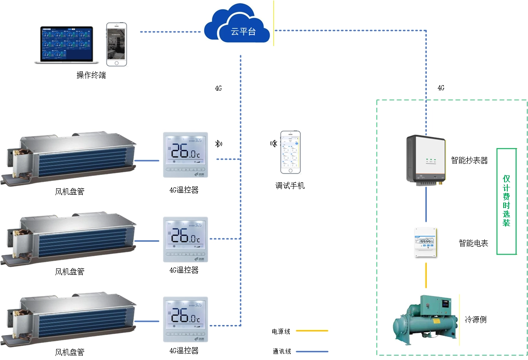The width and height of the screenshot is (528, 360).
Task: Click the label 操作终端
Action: tap(91, 75)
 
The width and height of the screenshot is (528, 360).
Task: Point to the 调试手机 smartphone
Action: tap(290, 152)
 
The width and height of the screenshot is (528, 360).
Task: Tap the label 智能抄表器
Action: tap(469, 161)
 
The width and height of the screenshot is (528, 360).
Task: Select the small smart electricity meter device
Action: tap(425, 242)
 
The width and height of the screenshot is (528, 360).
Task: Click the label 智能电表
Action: tap(473, 243)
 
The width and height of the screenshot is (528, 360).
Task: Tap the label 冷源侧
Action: tap(476, 319)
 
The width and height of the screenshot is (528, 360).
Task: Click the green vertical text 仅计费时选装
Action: tap(506, 201)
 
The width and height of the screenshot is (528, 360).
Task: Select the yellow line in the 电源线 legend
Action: tap(312, 331)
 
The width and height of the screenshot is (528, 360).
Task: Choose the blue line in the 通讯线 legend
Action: tap(312, 352)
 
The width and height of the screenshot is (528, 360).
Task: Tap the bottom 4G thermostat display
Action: tap(185, 319)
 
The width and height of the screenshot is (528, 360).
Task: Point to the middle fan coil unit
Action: tap(69, 238)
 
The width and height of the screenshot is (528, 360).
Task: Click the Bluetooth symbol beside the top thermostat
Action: tap(218, 144)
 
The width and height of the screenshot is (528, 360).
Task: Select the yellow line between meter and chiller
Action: tap(426, 275)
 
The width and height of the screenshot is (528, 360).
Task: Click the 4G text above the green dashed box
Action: tap(441, 88)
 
